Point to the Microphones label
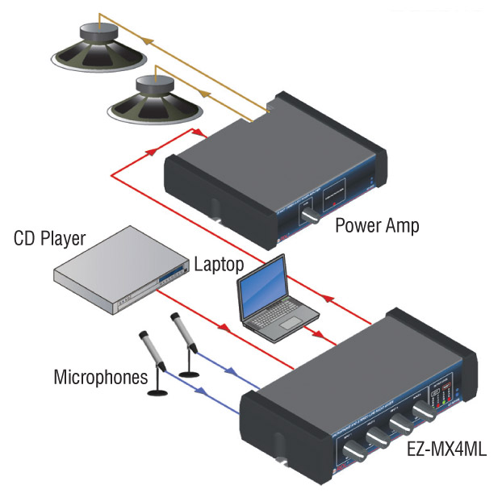tap(101, 376)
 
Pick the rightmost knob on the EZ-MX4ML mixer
tap(421, 412)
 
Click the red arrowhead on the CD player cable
tap(223, 326)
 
